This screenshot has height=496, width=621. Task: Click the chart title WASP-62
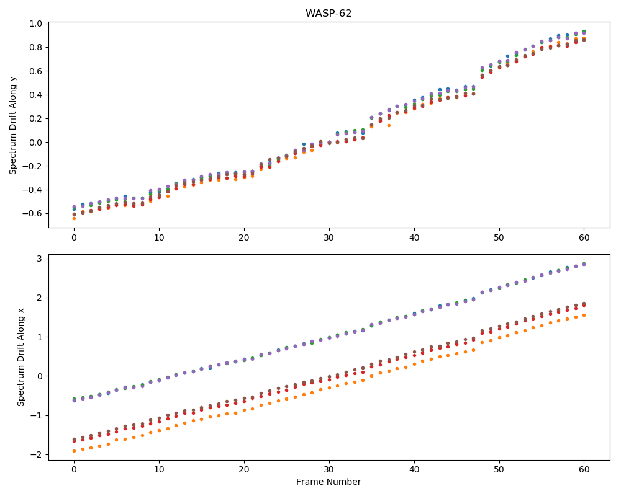click(329, 14)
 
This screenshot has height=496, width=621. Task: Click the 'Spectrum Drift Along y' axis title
click(13, 125)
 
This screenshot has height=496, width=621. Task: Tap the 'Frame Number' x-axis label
click(329, 482)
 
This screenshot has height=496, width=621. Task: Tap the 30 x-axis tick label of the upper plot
click(329, 237)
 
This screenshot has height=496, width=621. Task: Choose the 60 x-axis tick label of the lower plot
click(584, 470)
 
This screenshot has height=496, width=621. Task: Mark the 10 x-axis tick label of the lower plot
click(159, 470)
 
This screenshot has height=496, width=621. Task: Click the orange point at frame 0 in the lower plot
click(74, 451)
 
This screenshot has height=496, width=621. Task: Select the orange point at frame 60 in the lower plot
click(584, 315)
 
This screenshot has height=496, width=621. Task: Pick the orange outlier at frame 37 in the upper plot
click(389, 125)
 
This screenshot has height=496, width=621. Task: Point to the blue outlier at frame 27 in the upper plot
click(304, 144)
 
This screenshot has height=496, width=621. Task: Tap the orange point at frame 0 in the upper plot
click(74, 218)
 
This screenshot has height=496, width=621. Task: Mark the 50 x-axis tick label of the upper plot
click(499, 237)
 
